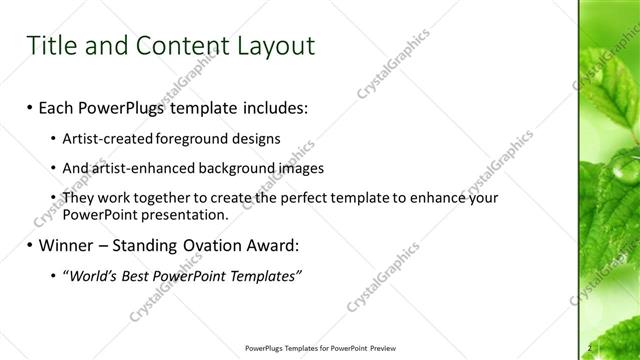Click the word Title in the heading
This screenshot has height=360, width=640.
[x=50, y=46]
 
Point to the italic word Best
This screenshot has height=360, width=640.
[x=134, y=275]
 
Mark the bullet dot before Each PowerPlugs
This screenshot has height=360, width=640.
[x=30, y=105]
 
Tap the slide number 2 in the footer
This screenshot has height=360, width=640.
[x=590, y=348]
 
